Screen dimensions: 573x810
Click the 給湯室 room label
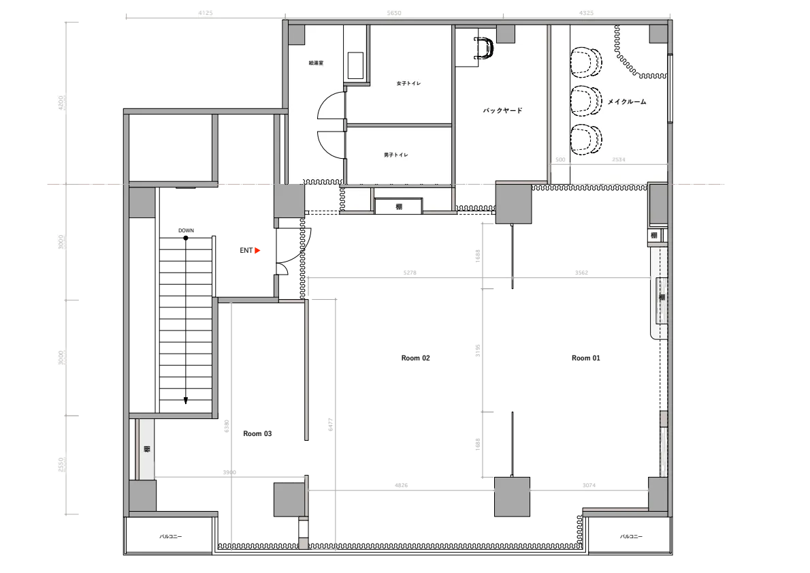click(x=316, y=63)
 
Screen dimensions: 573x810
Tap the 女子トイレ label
click(x=408, y=83)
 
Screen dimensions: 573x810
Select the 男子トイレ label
click(x=396, y=155)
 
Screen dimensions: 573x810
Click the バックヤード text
click(x=502, y=110)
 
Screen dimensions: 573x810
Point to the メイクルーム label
click(x=626, y=102)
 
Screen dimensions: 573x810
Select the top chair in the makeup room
click(x=586, y=61)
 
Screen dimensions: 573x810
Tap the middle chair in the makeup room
click(x=586, y=101)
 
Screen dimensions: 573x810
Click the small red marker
click(x=256, y=251)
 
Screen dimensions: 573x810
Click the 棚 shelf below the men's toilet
click(x=399, y=206)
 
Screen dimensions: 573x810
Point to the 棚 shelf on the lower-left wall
click(x=146, y=449)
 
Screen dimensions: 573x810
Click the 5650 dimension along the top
click(x=393, y=13)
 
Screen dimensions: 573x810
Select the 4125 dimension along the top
click(x=204, y=13)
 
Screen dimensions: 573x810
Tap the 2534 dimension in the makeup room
click(x=618, y=159)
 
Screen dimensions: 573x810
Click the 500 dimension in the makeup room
click(x=560, y=159)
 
